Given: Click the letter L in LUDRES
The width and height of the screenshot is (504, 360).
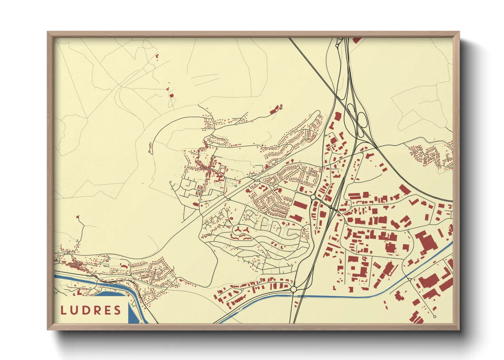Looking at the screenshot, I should click(x=63, y=310).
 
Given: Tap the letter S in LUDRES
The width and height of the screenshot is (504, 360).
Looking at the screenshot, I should click(x=117, y=310).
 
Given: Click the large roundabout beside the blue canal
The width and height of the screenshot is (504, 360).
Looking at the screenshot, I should click(x=294, y=289).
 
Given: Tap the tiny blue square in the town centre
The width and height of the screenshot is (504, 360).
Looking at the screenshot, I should click(x=236, y=186).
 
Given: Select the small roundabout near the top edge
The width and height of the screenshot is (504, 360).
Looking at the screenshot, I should click(x=337, y=45).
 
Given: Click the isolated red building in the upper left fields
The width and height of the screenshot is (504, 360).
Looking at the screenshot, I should click(x=157, y=56).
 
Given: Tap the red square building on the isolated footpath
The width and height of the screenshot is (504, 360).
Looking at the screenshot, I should click(x=172, y=96).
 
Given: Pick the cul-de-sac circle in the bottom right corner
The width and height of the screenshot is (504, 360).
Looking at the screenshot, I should click(x=435, y=317).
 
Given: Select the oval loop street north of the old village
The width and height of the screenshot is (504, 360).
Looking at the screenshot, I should click(x=218, y=140).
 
